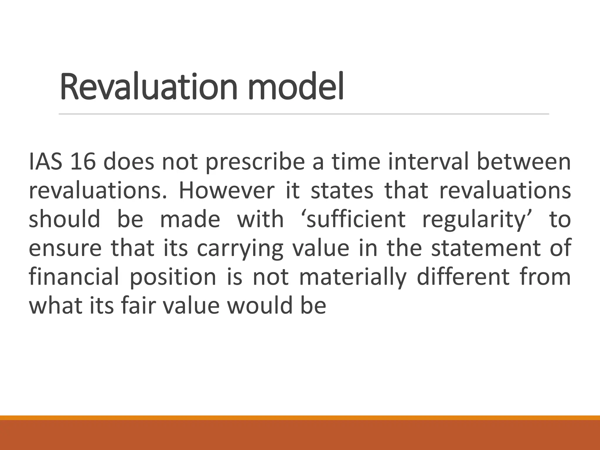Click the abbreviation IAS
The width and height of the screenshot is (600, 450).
tap(45, 162)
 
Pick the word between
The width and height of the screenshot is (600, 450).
tap(524, 162)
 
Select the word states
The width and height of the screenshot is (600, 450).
tap(342, 190)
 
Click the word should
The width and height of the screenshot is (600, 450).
tap(64, 219)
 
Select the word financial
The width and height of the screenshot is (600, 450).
tap(74, 277)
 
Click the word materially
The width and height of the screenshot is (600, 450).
tap(353, 277)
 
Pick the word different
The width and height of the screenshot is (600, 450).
tap(463, 277)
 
